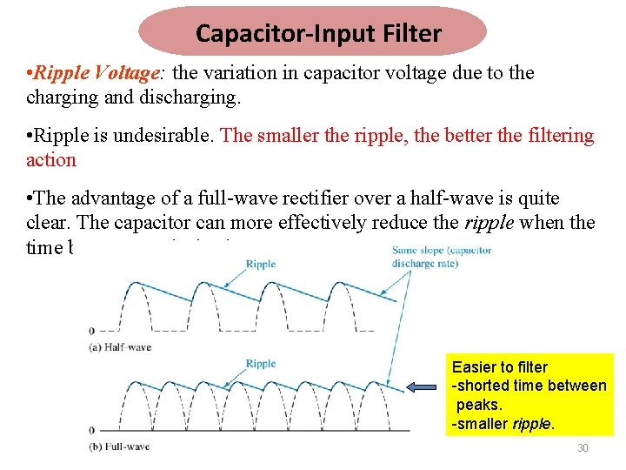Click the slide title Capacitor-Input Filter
click(318, 34)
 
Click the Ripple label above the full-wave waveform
click(261, 364)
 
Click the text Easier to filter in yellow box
click(500, 367)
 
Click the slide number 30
click(583, 448)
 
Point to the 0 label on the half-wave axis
click(92, 331)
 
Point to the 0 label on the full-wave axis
click(92, 430)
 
